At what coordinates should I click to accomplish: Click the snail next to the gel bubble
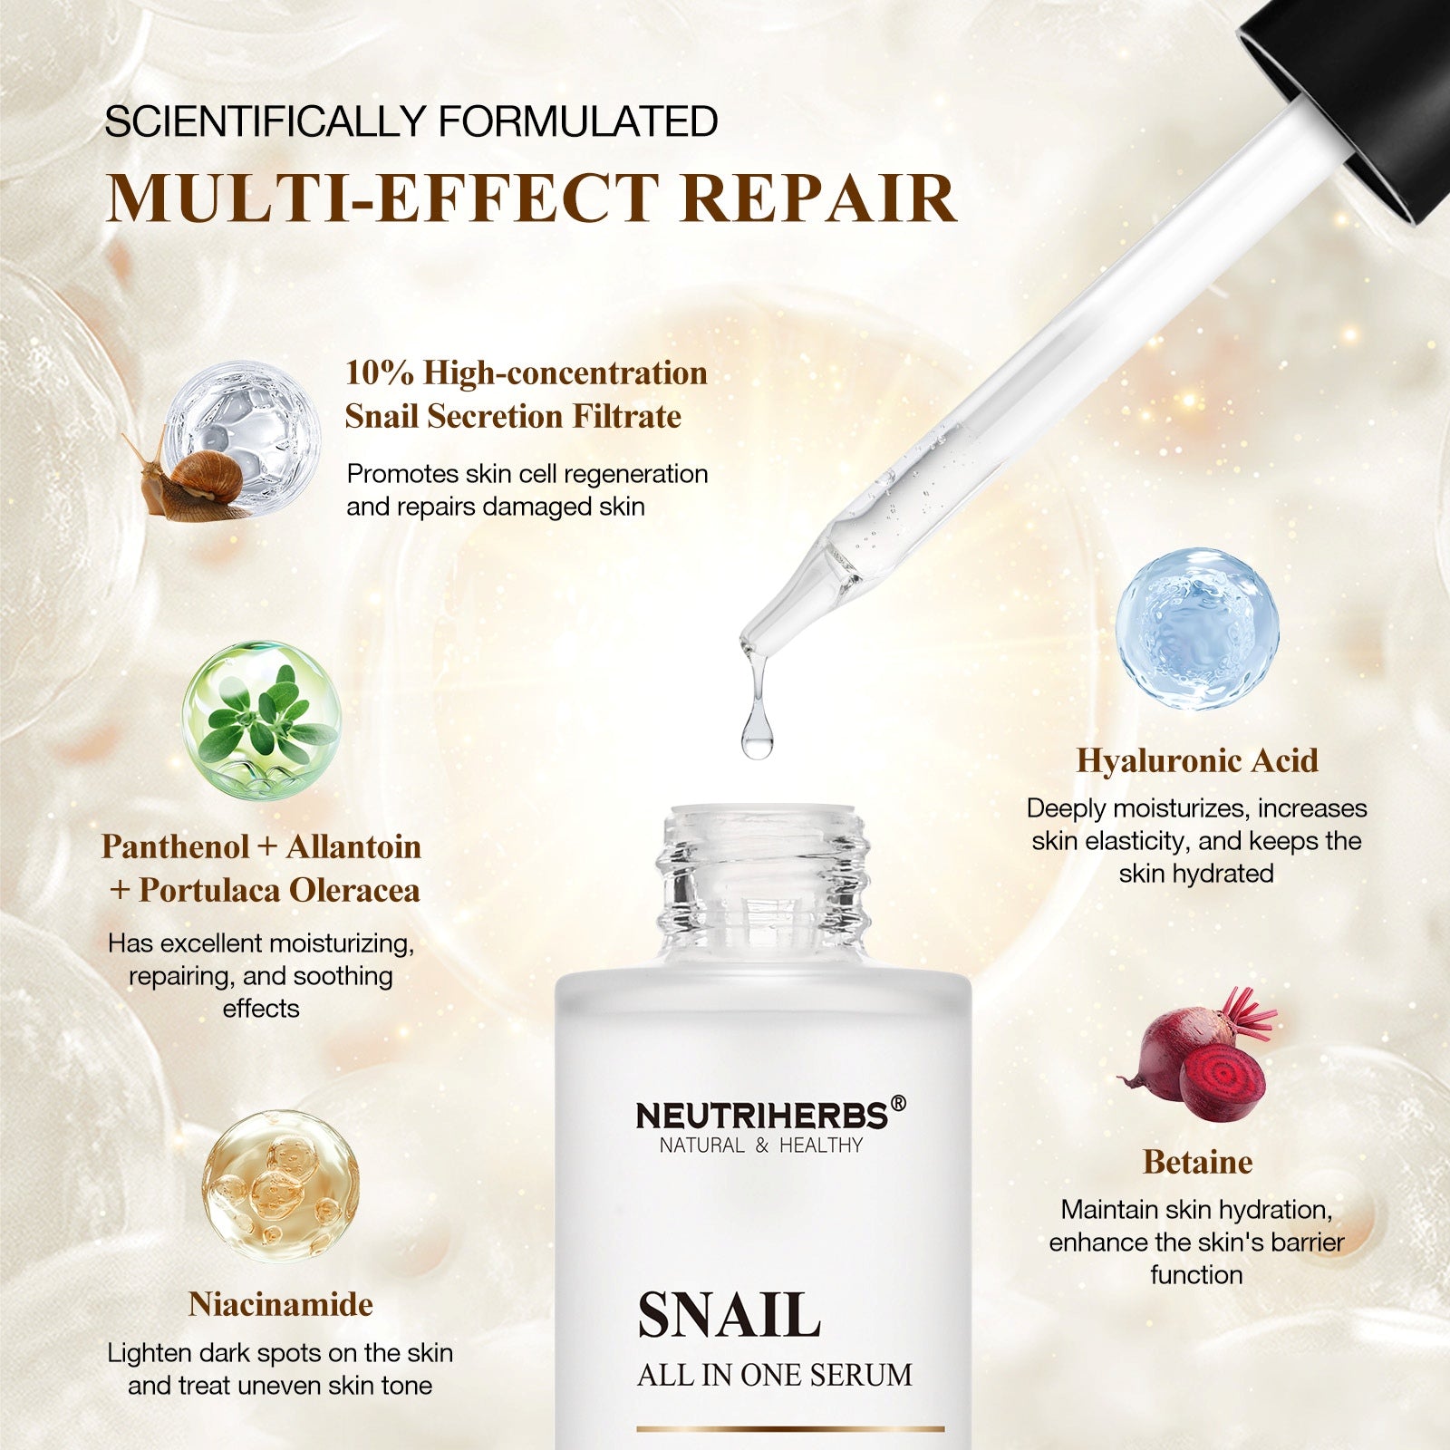pos(195,480)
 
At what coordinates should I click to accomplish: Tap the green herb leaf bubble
pos(261,720)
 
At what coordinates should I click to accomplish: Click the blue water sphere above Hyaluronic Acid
pos(1197,628)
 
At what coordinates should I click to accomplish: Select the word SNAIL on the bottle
pos(729,1315)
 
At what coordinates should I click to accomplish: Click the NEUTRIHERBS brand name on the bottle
pos(762,1116)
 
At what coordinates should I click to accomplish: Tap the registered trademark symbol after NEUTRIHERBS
pos(898,1103)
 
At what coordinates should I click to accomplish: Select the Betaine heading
pos(1197,1162)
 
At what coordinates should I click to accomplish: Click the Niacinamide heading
pos(281,1304)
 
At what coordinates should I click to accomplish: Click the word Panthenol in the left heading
pos(175,846)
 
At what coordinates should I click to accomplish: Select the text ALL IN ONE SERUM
pos(774,1375)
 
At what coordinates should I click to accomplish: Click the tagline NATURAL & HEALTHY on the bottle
pos(761,1145)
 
